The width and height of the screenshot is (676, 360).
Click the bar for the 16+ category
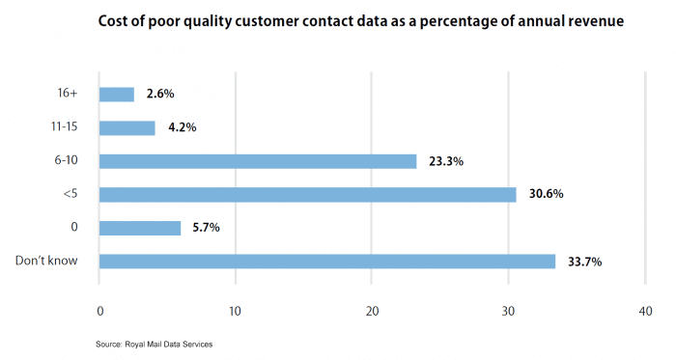pos(117,95)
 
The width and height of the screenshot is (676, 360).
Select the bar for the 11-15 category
pos(127,127)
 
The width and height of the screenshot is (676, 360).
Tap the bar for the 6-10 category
pos(258,161)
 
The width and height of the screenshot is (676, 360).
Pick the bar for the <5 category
pos(308,194)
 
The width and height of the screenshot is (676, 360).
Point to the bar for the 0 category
pos(140,228)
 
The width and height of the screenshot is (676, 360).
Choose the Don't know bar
pos(327,261)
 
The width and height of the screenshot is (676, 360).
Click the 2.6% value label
pos(161,95)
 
